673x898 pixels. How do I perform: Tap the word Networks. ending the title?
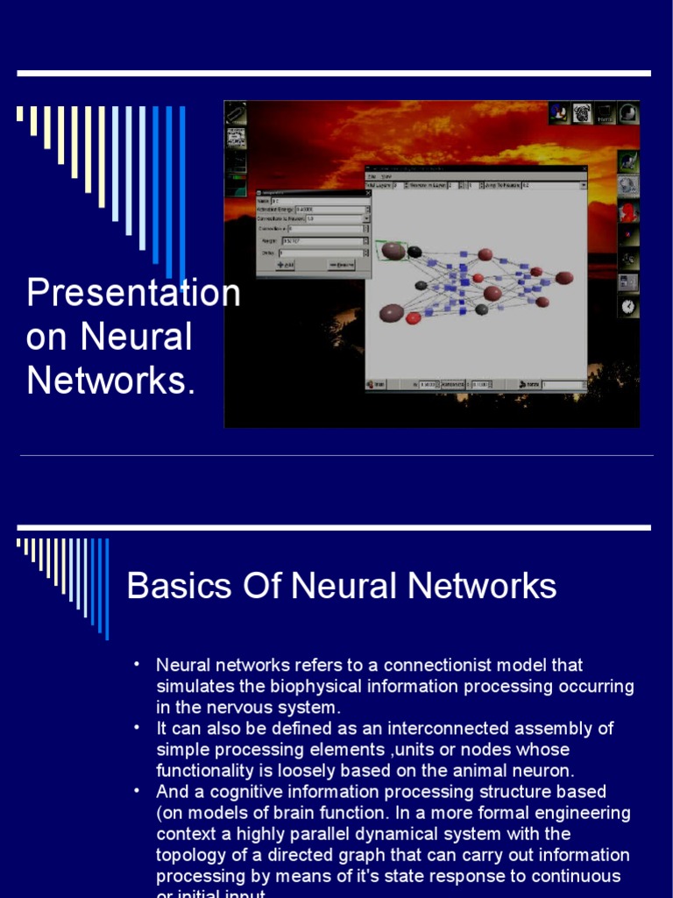tap(111, 381)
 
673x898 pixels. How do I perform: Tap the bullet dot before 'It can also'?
tap(137, 728)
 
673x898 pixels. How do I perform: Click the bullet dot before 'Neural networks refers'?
tap(137, 665)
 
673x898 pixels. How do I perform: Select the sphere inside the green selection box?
tap(393, 251)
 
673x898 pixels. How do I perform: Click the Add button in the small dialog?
tap(286, 264)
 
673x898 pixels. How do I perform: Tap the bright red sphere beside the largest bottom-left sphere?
tap(414, 317)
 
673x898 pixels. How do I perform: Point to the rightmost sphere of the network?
tap(564, 278)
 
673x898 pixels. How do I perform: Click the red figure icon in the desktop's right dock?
tap(628, 212)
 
